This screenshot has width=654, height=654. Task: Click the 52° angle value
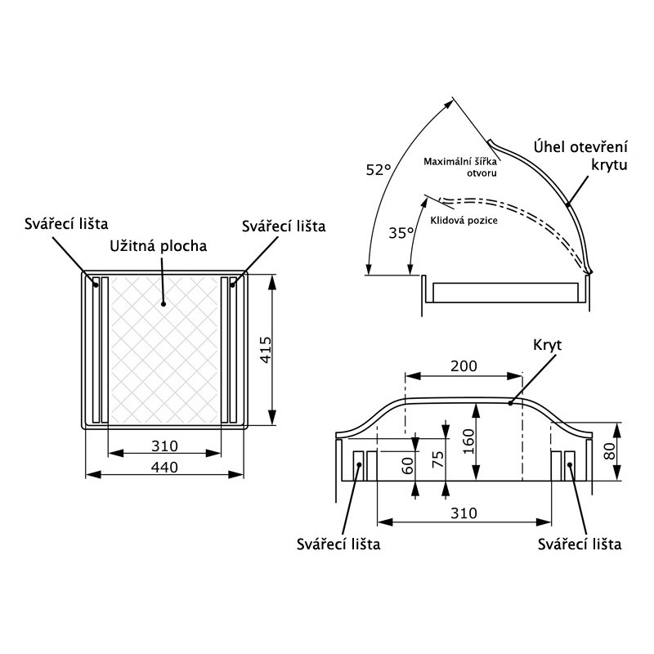coord(379,169)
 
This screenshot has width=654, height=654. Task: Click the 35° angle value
coord(401,232)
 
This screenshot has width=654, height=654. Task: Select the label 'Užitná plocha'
coord(159,244)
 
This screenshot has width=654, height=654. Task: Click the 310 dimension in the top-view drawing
coord(165,446)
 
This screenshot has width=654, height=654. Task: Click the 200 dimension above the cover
coord(464,367)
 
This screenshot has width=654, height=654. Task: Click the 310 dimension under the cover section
coord(463,513)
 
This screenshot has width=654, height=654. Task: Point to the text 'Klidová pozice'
coord(463,220)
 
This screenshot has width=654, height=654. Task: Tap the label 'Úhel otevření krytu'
coord(580,155)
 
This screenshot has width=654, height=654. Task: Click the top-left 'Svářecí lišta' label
coord(66,223)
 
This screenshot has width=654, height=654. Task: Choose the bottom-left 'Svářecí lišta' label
coord(338,544)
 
